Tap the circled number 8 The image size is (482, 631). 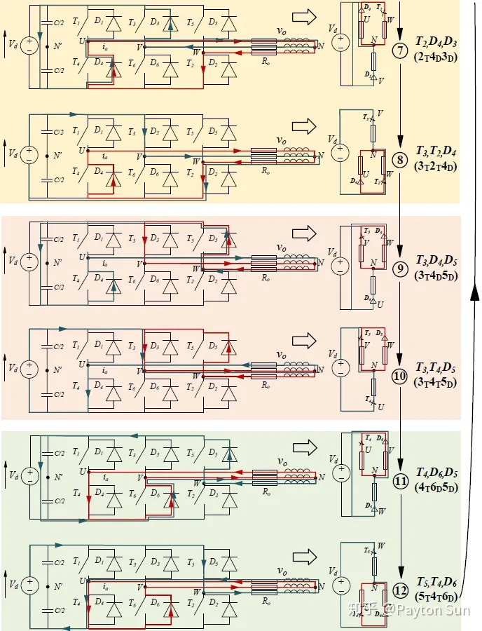(399, 159)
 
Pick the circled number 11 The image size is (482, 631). (400, 482)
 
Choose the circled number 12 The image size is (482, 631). (400, 590)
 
